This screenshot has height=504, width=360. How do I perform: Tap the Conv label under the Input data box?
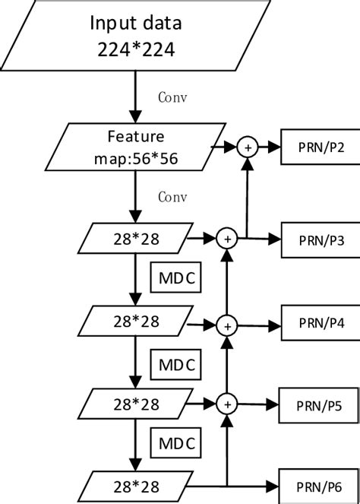[172, 97]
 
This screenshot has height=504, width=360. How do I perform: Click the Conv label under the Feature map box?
[172, 196]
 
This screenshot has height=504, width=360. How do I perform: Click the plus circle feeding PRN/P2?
[247, 146]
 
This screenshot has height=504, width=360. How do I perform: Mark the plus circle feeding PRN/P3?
[226, 238]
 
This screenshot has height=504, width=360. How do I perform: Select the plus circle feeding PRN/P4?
[226, 325]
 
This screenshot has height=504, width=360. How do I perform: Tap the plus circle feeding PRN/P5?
[226, 403]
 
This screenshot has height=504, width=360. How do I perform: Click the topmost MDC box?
[176, 279]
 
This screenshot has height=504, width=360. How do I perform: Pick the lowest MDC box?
[176, 442]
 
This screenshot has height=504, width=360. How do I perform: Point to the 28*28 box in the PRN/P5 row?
[134, 403]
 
